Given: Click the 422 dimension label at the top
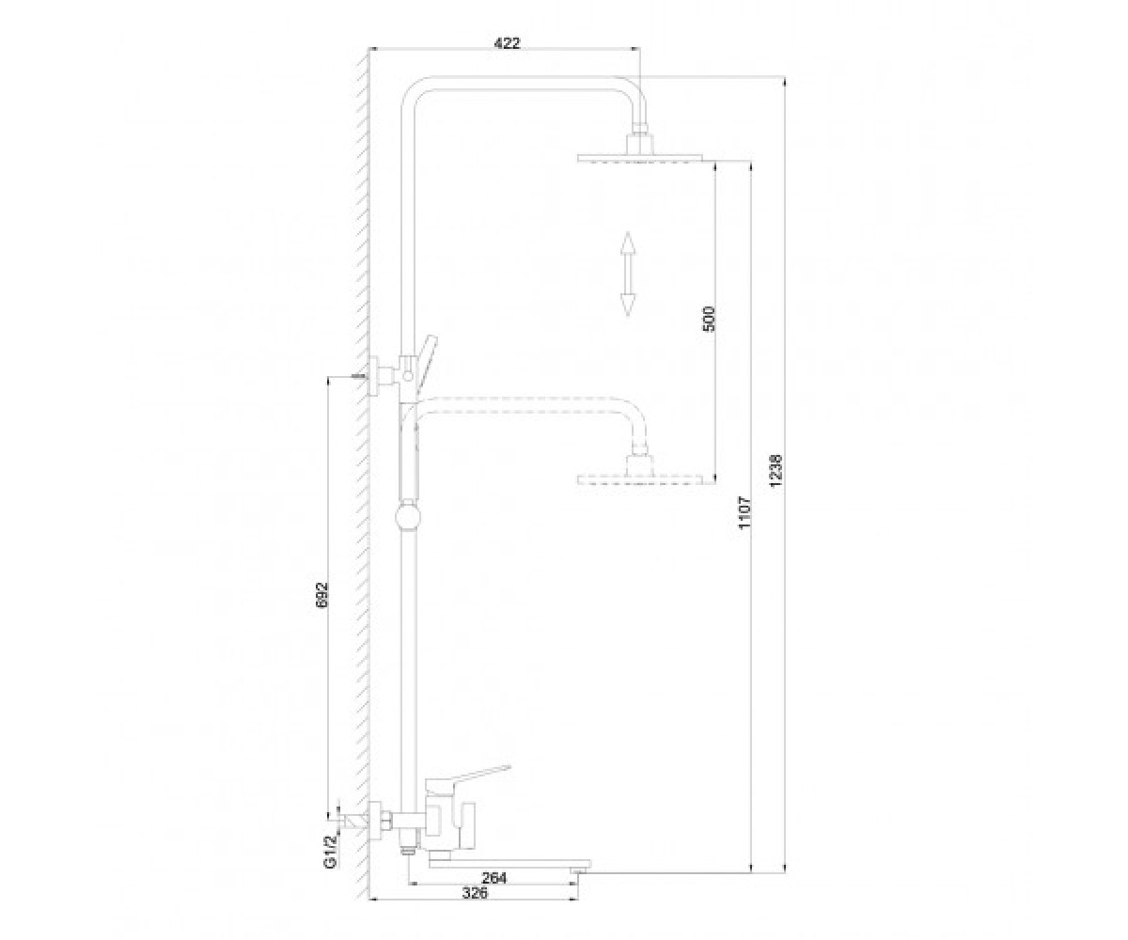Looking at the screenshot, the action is click(x=508, y=43).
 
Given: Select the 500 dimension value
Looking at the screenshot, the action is click(x=710, y=320).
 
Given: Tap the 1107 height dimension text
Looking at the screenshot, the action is click(x=745, y=512).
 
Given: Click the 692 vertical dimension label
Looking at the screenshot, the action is click(x=322, y=595).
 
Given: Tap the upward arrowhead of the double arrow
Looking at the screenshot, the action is click(x=627, y=243).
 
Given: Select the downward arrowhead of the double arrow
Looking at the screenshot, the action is click(x=627, y=305).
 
